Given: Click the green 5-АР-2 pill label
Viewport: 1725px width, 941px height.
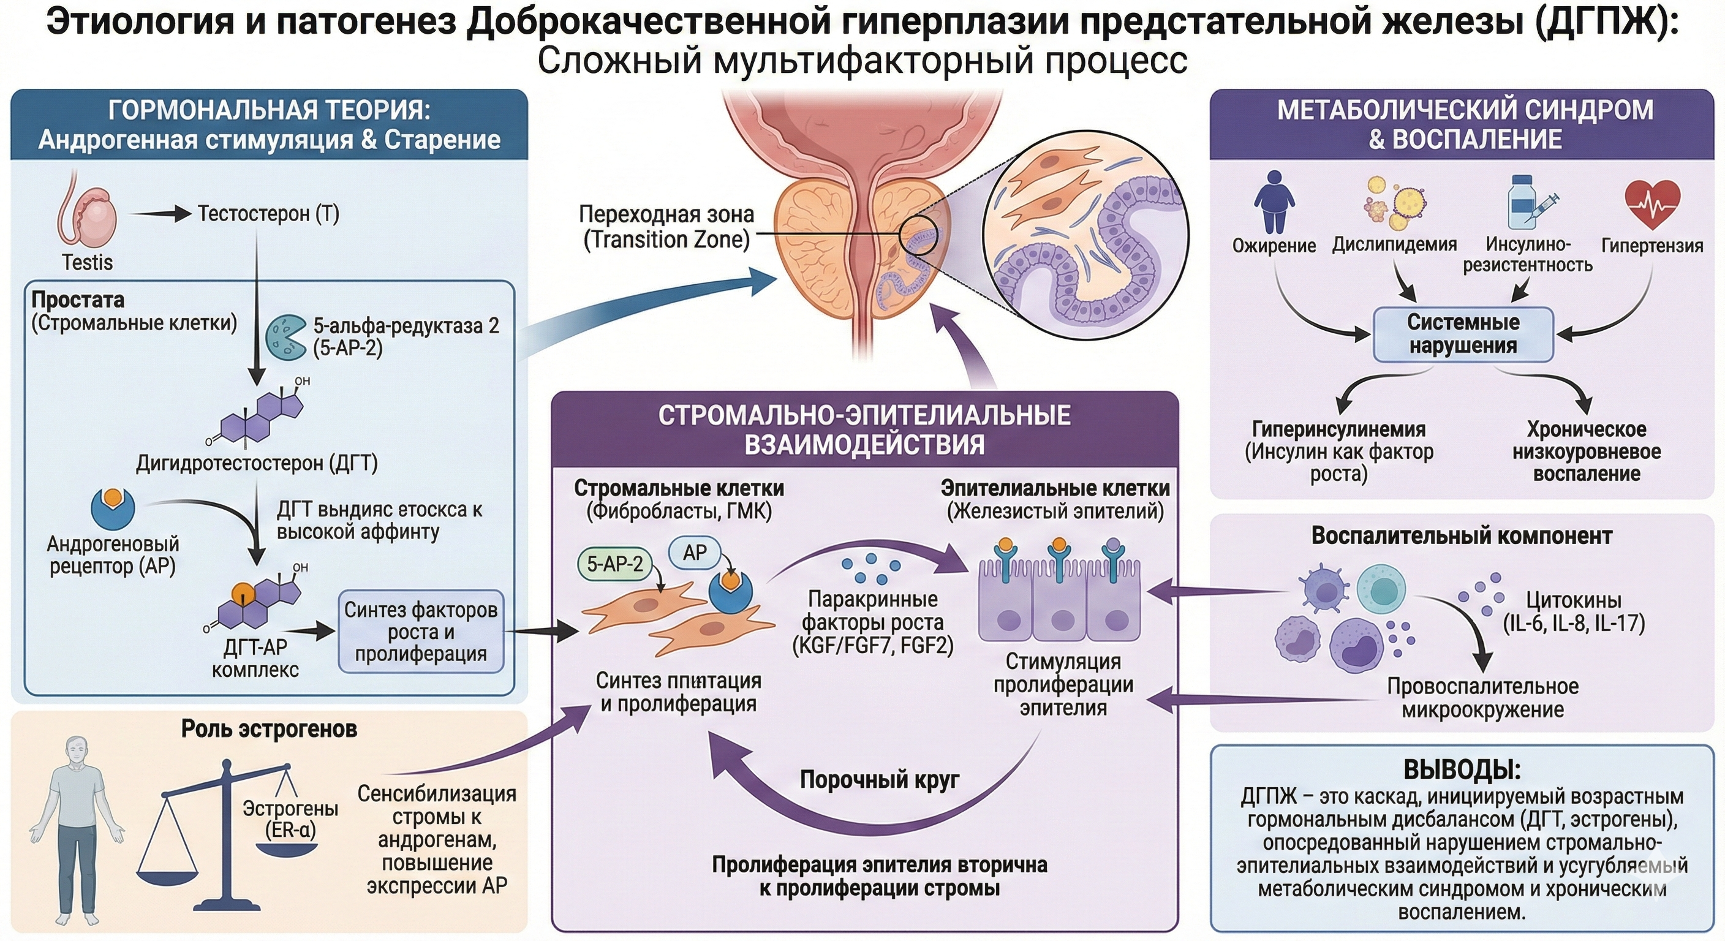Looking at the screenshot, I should tap(614, 564).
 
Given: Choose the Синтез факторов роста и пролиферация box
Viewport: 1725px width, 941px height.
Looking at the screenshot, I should tap(421, 632).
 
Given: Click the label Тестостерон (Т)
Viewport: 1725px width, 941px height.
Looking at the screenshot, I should tap(268, 214).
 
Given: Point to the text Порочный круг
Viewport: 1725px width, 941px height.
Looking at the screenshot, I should tap(879, 780).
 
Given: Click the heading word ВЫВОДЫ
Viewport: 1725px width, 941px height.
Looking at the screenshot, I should tap(1462, 770).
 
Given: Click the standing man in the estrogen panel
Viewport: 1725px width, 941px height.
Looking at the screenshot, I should tap(77, 830).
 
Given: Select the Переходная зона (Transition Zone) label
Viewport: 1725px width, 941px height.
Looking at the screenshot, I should tap(666, 227).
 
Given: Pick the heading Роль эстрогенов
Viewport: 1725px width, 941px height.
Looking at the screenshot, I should tap(269, 728).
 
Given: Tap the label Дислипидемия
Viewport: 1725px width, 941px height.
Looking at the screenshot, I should tap(1394, 244).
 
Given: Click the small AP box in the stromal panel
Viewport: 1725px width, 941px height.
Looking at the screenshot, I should tap(695, 553).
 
